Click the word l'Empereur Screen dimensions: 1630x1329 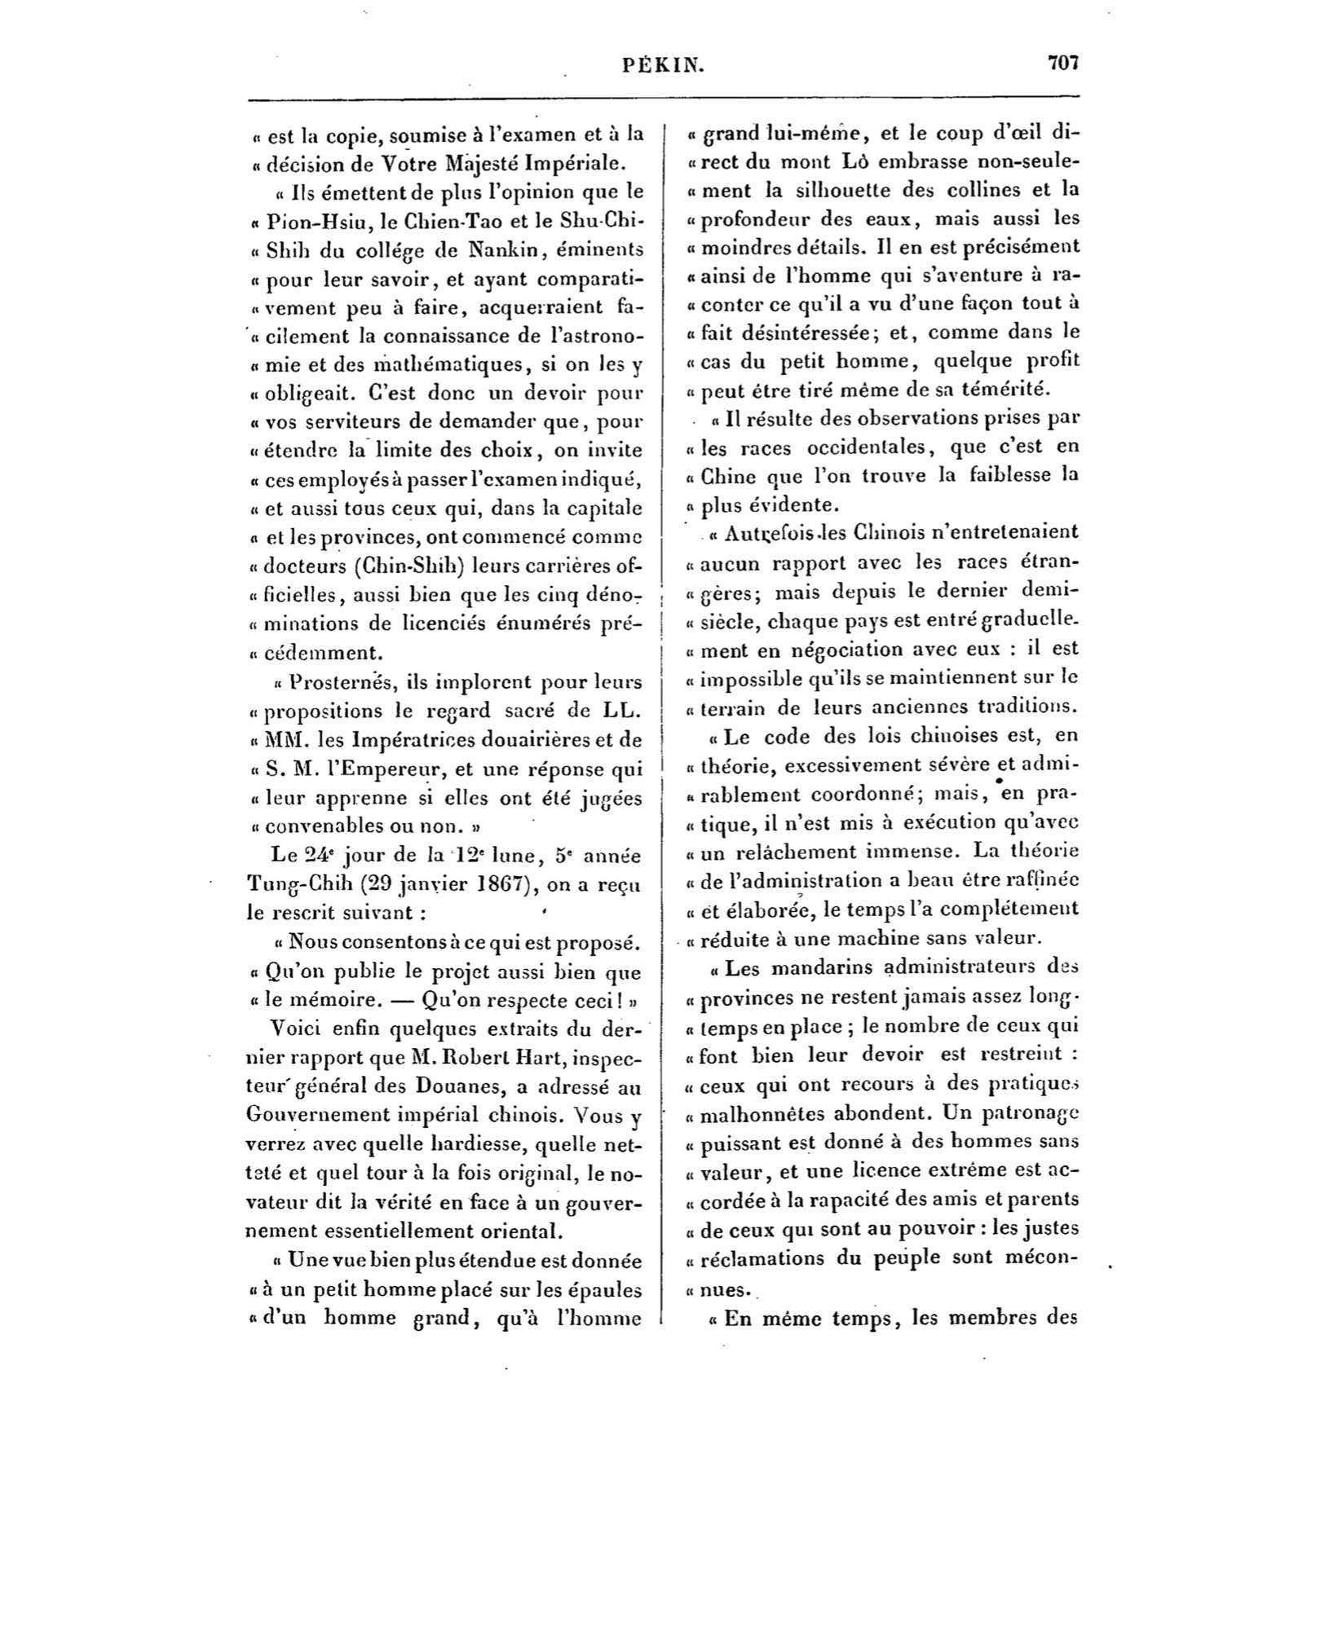pyautogui.click(x=385, y=769)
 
